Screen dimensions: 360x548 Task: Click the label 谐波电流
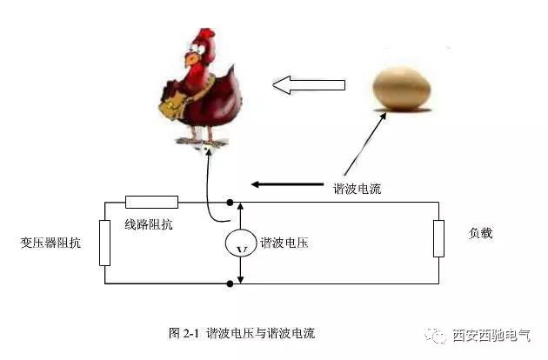pyautogui.click(x=357, y=188)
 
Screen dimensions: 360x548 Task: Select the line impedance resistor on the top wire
pyautogui.click(x=151, y=203)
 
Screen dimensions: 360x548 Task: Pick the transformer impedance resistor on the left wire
pyautogui.click(x=105, y=243)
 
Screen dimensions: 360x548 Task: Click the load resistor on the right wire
pyautogui.click(x=438, y=238)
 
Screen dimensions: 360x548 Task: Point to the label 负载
pyautogui.click(x=480, y=233)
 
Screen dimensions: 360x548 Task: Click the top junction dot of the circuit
pyautogui.click(x=230, y=203)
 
